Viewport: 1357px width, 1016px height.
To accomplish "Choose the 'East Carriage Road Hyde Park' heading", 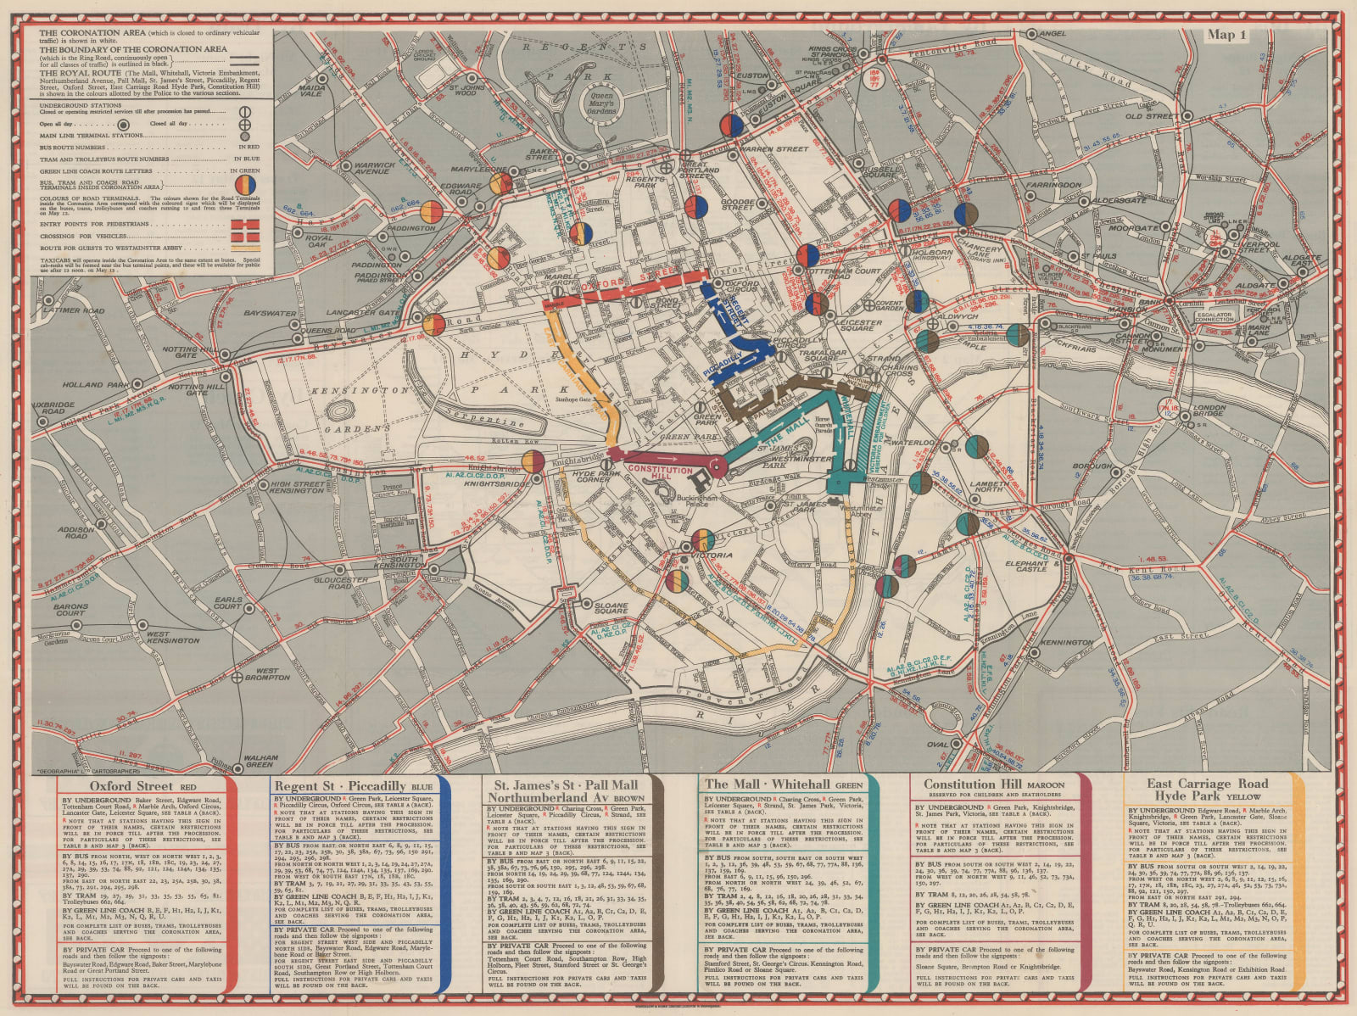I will coord(1207,790).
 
